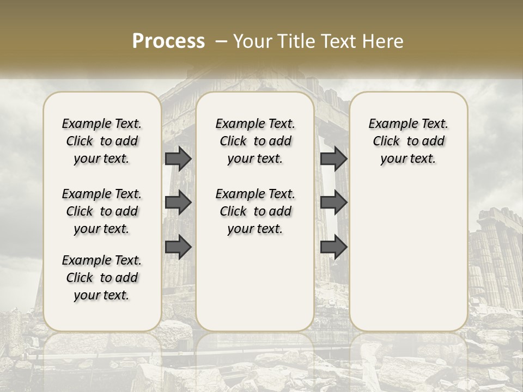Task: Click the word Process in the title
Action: (x=168, y=41)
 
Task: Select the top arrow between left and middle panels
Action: (x=178, y=159)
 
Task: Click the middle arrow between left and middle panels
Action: (x=178, y=203)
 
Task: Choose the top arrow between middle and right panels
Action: (x=334, y=159)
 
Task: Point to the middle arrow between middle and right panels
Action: (x=334, y=203)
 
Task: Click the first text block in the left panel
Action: (x=102, y=141)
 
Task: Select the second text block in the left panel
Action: (x=102, y=211)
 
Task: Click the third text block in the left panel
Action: (x=102, y=278)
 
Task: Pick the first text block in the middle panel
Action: (x=255, y=141)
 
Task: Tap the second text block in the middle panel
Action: (x=255, y=211)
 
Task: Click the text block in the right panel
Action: (x=408, y=141)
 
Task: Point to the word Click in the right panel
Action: (x=386, y=142)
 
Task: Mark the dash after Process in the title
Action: (x=221, y=41)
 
